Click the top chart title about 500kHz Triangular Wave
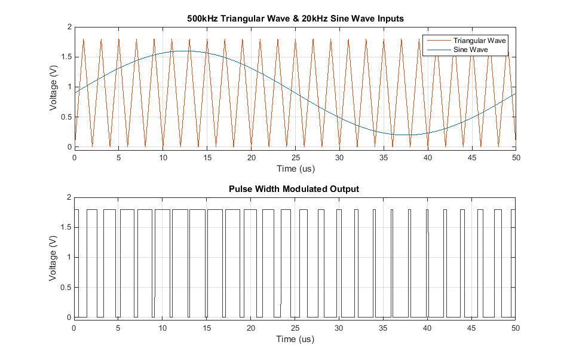coord(295,19)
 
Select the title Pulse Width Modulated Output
coord(295,189)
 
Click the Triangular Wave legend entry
coord(479,41)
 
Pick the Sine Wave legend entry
coord(471,50)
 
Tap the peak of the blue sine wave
coord(185,51)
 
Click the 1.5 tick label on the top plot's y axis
coord(64,57)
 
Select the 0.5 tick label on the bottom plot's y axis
coord(64,288)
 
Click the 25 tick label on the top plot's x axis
coord(295,158)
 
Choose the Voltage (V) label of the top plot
coord(54,87)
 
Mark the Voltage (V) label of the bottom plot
coord(54,257)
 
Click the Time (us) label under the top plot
coord(295,169)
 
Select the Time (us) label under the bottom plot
coord(295,339)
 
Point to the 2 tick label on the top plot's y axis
coord(68,28)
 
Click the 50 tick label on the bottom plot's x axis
coord(516,328)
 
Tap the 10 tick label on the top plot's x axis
coord(163,158)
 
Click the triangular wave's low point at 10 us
coord(163,146)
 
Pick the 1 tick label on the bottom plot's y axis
coord(68,258)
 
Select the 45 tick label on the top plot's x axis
coord(471,158)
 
